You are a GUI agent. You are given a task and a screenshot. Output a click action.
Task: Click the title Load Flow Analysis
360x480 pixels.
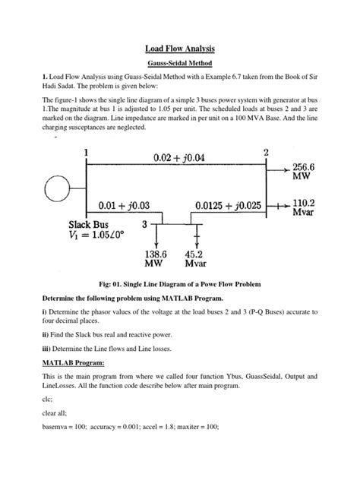coord(180,48)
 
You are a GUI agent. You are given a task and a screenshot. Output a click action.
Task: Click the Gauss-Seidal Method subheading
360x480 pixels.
coord(180,66)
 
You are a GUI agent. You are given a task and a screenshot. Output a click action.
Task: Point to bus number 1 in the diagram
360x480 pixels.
coord(86,153)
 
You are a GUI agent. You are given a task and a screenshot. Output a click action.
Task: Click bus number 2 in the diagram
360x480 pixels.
coord(266,153)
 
